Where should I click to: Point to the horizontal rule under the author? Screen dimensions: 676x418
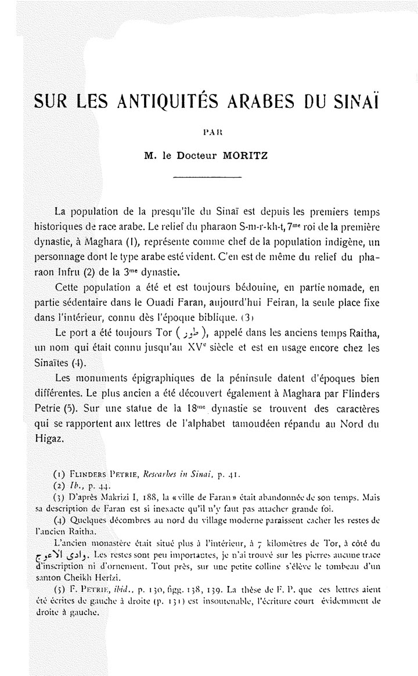[207, 176]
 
